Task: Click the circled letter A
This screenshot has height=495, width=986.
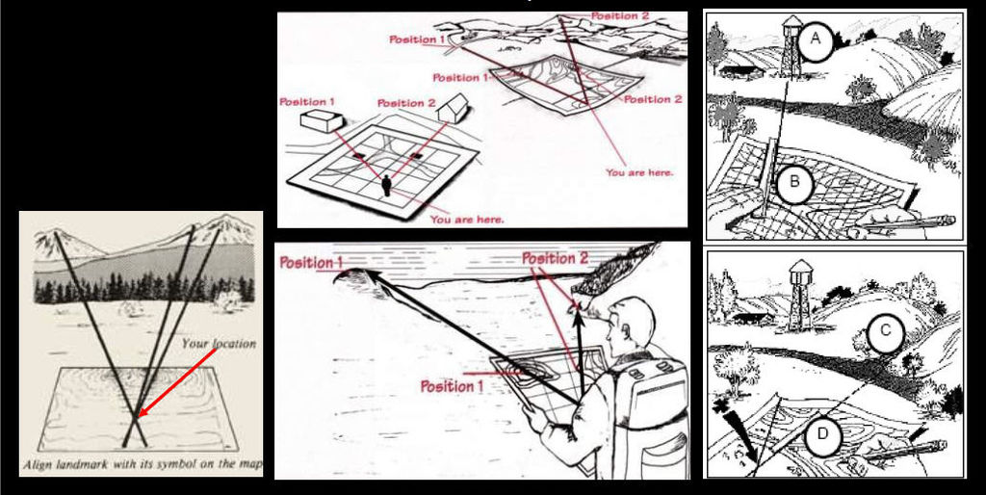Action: click(815, 39)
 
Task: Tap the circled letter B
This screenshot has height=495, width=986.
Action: click(794, 182)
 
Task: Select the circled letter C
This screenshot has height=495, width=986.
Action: click(884, 331)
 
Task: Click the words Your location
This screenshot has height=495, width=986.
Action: click(219, 344)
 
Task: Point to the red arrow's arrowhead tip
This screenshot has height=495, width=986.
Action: click(139, 416)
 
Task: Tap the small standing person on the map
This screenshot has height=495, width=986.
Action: click(386, 186)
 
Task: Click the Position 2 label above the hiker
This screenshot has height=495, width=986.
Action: click(555, 258)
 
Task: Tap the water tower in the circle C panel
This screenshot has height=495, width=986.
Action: click(800, 295)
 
